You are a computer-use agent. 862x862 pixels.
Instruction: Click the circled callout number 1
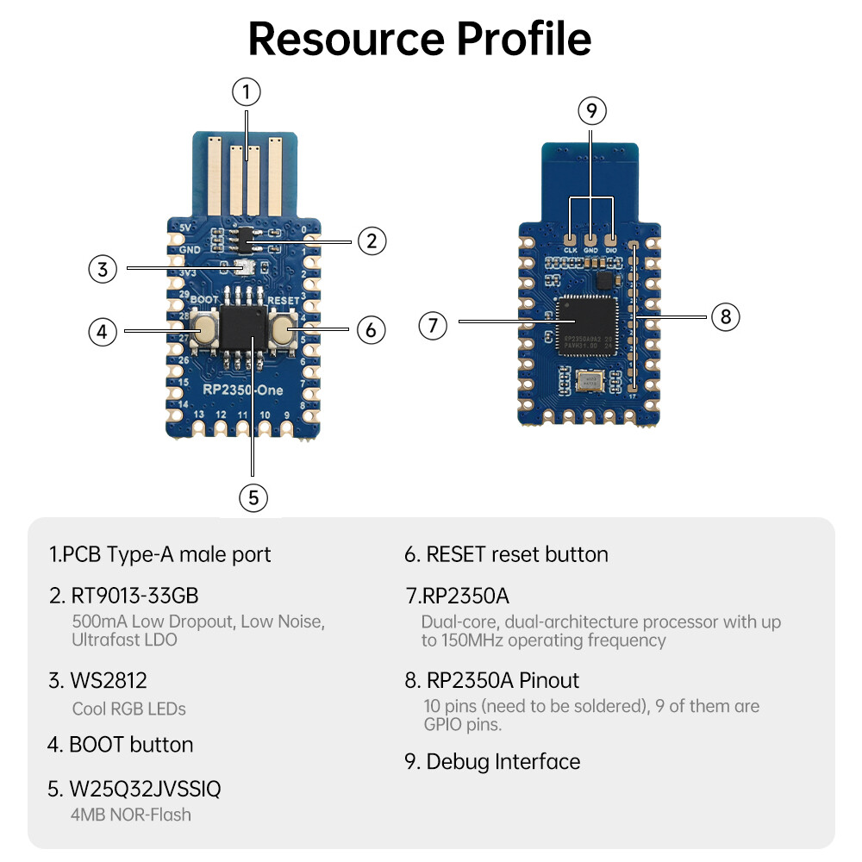(247, 91)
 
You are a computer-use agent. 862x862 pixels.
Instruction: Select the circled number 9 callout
(591, 110)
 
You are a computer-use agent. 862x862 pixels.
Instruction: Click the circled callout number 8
(726, 316)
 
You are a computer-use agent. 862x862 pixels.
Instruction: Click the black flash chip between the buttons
(243, 328)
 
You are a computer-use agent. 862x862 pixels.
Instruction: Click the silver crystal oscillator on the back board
(591, 379)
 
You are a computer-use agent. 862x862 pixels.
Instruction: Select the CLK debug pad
(570, 239)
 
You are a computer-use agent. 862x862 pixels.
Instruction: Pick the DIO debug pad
(612, 239)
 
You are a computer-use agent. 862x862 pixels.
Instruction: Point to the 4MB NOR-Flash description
(131, 814)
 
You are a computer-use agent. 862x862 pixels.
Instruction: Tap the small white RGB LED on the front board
(244, 268)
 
